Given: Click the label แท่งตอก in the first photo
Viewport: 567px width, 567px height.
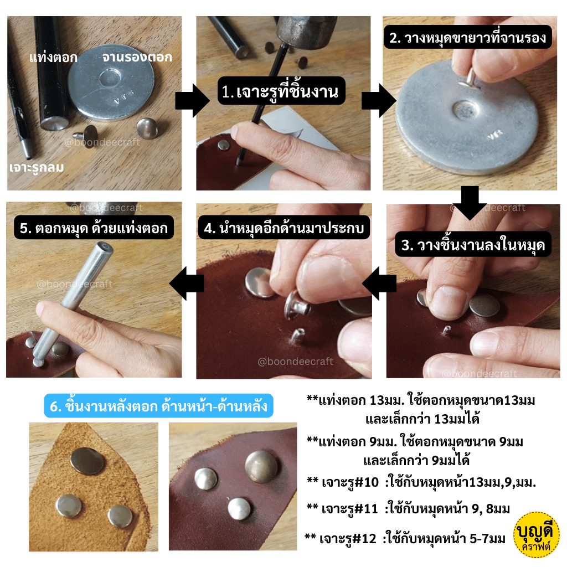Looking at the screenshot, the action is point(54,58).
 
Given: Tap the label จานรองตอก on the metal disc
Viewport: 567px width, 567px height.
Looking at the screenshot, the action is point(137,58).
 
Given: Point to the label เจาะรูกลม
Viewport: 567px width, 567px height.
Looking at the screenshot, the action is point(37,167).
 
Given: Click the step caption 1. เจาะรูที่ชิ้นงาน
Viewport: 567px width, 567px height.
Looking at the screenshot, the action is point(281,91).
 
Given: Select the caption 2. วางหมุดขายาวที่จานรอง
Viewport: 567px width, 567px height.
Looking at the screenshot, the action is point(467,37).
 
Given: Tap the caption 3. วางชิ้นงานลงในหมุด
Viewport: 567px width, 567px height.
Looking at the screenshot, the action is point(473,245).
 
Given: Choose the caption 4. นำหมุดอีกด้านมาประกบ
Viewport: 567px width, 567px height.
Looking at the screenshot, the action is point(284,228).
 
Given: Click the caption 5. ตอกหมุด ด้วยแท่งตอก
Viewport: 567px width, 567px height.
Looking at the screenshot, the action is point(94,228).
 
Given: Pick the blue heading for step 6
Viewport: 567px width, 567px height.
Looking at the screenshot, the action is point(158,406).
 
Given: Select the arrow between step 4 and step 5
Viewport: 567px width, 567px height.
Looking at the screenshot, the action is point(187,283).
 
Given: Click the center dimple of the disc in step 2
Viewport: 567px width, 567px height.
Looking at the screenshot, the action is point(466,110).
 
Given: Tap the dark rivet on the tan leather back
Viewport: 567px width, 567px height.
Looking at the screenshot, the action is point(87,461).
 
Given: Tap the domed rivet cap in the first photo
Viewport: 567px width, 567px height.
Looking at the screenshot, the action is point(147,128).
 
